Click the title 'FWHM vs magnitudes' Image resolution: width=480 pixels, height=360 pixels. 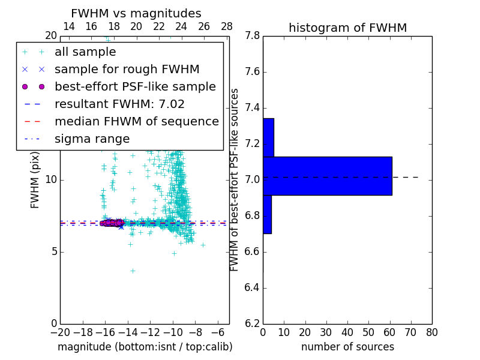point(136,13)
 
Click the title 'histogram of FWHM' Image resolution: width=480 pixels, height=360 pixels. point(347,28)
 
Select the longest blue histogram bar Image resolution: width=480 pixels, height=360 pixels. point(327,176)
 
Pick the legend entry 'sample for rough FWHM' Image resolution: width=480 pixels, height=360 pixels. point(127,70)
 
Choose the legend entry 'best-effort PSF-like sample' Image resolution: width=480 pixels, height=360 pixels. point(135,87)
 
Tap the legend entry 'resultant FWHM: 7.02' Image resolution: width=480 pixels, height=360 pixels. point(119,104)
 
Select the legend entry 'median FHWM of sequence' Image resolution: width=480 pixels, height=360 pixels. point(136,122)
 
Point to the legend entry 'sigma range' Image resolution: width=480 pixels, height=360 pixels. point(92,139)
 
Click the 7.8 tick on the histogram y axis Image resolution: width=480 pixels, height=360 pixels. point(252,36)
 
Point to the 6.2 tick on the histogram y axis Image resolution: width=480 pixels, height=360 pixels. point(252,323)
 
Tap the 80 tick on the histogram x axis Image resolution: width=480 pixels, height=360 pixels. point(431,332)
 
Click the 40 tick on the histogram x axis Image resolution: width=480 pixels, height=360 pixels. point(347,332)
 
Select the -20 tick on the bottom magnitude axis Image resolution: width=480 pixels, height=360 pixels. point(60,332)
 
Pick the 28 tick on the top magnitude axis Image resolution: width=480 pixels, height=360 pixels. point(227,26)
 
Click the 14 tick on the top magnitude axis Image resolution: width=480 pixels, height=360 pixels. point(69,26)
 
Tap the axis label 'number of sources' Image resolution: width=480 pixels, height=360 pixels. point(347,347)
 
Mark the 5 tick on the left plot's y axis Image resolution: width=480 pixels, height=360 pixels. point(53,251)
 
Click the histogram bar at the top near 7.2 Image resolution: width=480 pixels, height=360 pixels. point(268,137)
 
